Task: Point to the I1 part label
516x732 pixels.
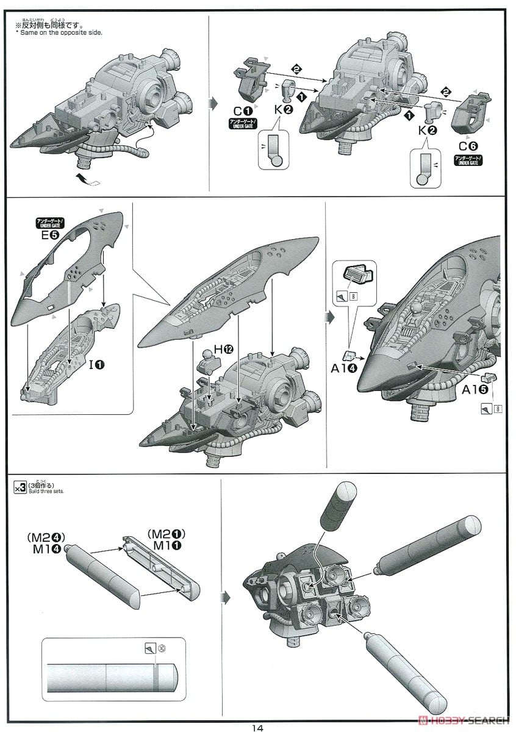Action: [x=96, y=365]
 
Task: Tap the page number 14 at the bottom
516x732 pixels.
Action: [x=257, y=727]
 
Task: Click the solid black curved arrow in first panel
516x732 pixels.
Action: [x=85, y=178]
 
